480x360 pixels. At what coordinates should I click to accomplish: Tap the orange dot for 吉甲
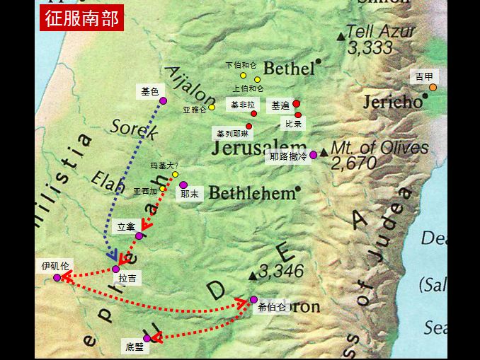click(x=433, y=88)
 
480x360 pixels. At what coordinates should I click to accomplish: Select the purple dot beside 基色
click(x=163, y=100)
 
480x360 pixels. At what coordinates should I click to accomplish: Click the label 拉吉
click(x=128, y=279)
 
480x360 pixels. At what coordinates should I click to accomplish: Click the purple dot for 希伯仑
click(x=253, y=299)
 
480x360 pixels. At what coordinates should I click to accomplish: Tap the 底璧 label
click(x=134, y=347)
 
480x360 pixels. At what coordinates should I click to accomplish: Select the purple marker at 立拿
click(x=139, y=236)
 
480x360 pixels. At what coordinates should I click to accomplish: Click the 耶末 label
click(x=190, y=193)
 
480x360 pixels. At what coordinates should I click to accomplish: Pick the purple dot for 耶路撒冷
click(x=314, y=155)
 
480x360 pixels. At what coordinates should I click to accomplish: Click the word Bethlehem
click(x=251, y=193)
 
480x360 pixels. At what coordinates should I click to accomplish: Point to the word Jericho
click(x=392, y=102)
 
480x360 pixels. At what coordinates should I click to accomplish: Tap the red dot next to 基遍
click(x=297, y=104)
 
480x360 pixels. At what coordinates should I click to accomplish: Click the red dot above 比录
click(x=298, y=115)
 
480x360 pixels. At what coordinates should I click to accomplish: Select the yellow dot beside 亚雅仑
click(x=212, y=108)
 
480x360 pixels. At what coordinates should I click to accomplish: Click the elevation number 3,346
click(x=280, y=271)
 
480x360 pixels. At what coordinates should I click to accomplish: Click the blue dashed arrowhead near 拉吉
click(x=112, y=256)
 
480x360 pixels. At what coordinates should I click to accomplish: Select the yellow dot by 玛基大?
click(x=175, y=175)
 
